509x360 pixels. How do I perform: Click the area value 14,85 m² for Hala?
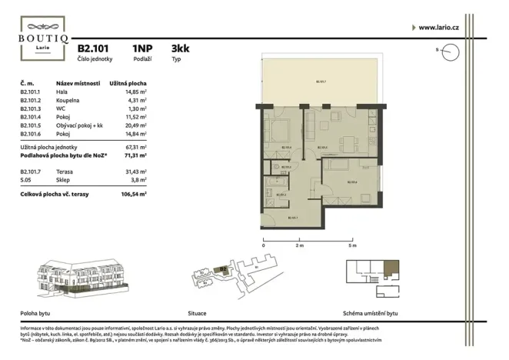click(135, 91)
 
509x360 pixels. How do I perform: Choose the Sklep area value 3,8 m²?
click(138, 179)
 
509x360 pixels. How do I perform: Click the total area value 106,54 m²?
click(134, 195)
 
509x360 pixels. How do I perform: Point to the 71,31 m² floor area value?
click(135, 155)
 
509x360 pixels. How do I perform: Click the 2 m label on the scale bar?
click(299, 245)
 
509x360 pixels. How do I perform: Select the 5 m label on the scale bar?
click(352, 245)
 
